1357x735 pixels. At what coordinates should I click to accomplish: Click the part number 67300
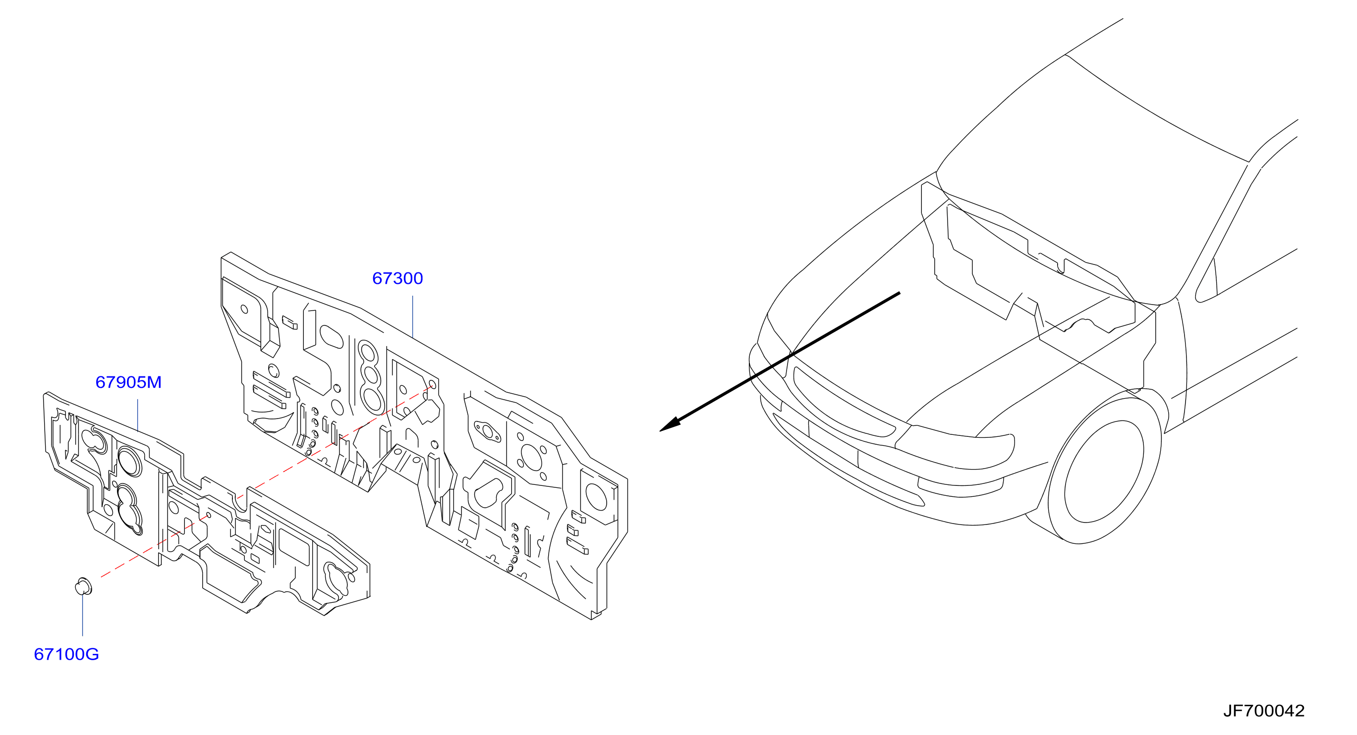point(397,278)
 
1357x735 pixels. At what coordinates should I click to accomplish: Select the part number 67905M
point(128,382)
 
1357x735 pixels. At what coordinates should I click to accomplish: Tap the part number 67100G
point(66,654)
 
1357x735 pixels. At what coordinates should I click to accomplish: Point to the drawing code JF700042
point(1263,711)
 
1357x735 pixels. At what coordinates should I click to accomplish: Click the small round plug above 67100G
point(83,586)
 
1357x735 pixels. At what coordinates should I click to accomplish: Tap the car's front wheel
point(1104,471)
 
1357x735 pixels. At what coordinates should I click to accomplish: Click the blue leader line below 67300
point(412,316)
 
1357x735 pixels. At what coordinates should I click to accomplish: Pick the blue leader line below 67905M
point(137,415)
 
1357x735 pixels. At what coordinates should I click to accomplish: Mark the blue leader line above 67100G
point(83,616)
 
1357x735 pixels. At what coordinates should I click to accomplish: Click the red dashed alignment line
point(266,482)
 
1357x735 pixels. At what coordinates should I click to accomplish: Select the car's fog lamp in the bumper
point(960,487)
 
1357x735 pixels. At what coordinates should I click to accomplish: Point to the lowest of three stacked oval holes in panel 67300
point(373,400)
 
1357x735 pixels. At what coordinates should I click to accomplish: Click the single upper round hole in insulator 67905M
point(129,461)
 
